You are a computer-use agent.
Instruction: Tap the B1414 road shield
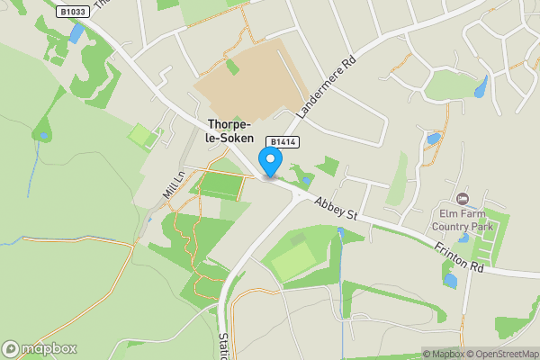[x=282, y=142]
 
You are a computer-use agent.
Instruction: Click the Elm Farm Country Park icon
[x=463, y=198]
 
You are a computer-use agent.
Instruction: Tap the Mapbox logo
[x=40, y=348]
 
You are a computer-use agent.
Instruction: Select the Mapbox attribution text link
[x=444, y=354]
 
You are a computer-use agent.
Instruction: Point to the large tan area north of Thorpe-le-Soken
[x=243, y=81]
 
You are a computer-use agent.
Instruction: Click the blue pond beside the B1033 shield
[x=76, y=33]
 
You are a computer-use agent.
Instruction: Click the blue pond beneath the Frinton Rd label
[x=449, y=280]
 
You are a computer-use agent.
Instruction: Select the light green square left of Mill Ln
[x=140, y=137]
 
